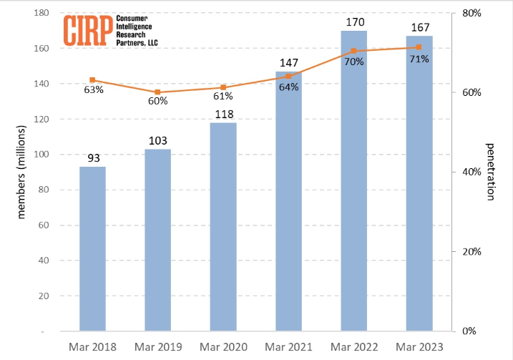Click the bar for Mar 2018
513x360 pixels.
coord(92,248)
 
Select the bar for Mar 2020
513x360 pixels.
coord(223,226)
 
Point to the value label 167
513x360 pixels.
coord(419,28)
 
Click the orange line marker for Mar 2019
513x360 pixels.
coord(158,92)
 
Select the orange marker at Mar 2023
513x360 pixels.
coord(419,47)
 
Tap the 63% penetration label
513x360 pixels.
coord(94,90)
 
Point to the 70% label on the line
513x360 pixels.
coord(354,62)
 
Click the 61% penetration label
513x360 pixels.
coord(223,97)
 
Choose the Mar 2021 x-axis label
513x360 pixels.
coord(288,346)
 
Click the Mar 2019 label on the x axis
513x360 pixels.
coord(158,346)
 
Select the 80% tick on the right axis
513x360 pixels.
coord(470,14)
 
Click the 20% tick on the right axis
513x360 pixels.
coord(470,252)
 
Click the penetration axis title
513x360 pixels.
coord(492,172)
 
